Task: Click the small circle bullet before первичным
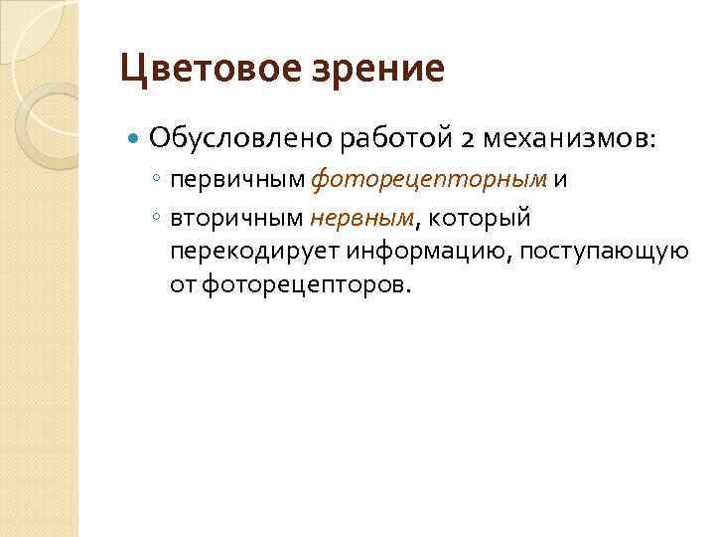(158, 180)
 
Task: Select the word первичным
(238, 180)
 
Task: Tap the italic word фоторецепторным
(430, 180)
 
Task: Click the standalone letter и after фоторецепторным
(562, 180)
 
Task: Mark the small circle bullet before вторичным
(158, 216)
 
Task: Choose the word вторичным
(238, 216)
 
